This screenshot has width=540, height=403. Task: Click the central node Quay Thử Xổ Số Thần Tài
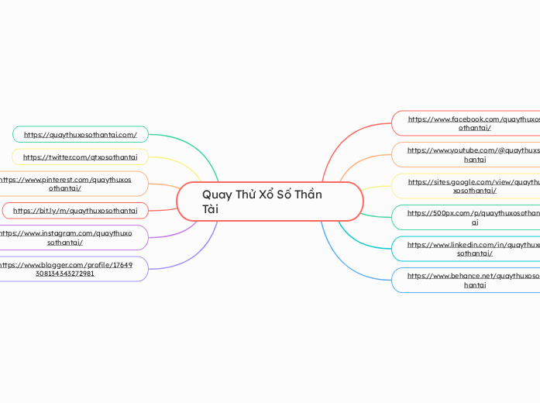point(270,201)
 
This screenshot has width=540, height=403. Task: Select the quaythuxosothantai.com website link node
point(81,134)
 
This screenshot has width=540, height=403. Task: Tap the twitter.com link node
point(81,157)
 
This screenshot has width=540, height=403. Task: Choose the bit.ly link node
point(76,210)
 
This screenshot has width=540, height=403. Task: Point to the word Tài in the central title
point(210,209)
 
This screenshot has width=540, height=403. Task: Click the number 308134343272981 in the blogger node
point(65,274)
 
